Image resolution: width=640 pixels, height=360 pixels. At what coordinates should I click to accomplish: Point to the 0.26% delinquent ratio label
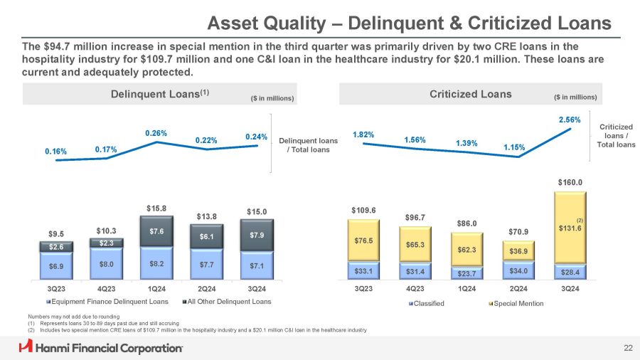click(x=156, y=133)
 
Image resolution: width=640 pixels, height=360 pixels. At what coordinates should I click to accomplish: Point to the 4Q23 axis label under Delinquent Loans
click(x=107, y=290)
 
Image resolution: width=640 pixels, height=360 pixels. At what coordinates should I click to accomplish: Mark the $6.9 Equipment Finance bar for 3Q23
click(x=55, y=265)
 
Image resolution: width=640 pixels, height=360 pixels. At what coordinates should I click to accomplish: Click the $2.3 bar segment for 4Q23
click(x=107, y=243)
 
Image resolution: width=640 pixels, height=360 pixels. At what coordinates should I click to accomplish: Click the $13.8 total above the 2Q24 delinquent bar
click(x=207, y=215)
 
